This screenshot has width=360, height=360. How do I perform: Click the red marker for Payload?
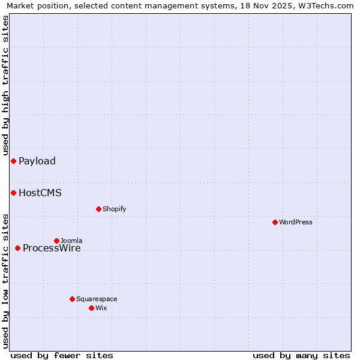click(13, 161)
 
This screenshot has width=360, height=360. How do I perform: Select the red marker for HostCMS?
click(13, 193)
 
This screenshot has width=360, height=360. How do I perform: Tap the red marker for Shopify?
click(98, 209)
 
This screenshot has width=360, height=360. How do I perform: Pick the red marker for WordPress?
click(275, 222)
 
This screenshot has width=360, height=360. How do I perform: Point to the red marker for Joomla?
click(56, 241)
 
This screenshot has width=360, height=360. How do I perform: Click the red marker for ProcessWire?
click(17, 248)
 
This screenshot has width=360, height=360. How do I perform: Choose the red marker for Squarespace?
click(72, 299)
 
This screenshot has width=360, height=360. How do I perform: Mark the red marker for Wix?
click(91, 308)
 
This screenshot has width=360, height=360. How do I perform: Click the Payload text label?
click(37, 161)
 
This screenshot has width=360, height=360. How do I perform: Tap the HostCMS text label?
click(40, 193)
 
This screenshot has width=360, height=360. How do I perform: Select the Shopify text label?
click(114, 209)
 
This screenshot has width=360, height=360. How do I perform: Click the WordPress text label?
click(296, 222)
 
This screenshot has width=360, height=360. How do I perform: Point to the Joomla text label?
click(71, 241)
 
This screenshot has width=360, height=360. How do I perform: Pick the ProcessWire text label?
click(52, 248)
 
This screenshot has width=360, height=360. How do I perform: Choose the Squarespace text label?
click(97, 299)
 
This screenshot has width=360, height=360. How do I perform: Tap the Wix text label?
click(101, 308)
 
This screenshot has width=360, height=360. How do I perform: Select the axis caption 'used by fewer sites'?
click(62, 355)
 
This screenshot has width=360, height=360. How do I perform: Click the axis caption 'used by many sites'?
click(301, 355)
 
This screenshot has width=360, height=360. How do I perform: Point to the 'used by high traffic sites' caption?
click(5, 86)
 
